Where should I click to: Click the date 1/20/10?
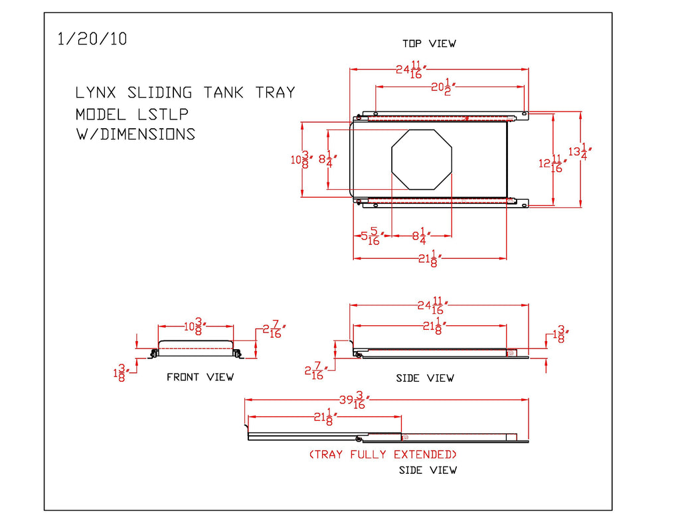pyautogui.click(x=92, y=39)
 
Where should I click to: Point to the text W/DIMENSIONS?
pyautogui.click(x=135, y=134)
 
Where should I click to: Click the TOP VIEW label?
pyautogui.click(x=429, y=44)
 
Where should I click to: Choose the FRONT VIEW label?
pyautogui.click(x=200, y=377)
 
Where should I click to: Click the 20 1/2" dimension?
pyautogui.click(x=442, y=86)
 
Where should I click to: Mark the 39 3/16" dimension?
pyautogui.click(x=354, y=400)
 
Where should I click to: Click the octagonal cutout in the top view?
pyautogui.click(x=422, y=160)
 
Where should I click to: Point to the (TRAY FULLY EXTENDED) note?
pyautogui.click(x=383, y=455)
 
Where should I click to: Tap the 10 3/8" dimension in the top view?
pyautogui.click(x=301, y=159)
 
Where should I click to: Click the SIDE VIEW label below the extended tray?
pyautogui.click(x=428, y=470)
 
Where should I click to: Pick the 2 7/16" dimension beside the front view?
pyautogui.click(x=274, y=329)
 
